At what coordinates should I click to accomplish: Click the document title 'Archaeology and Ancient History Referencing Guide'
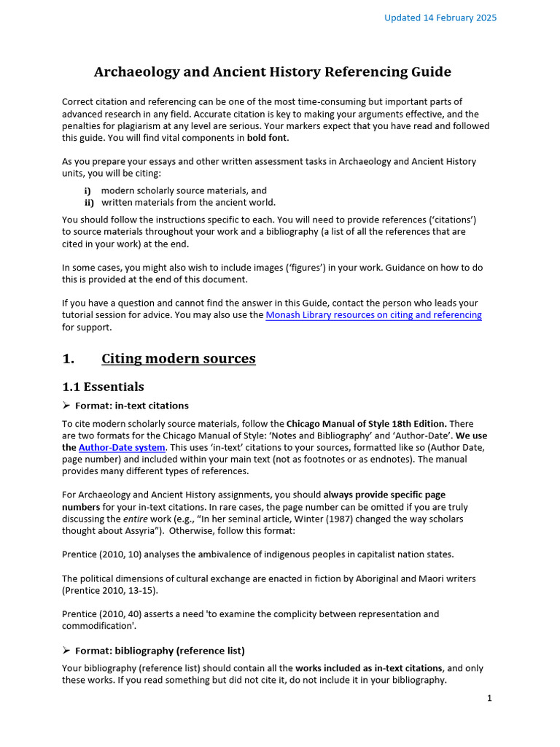[273, 71]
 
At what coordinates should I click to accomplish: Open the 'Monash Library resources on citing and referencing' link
[373, 315]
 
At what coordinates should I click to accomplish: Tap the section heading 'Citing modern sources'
[178, 358]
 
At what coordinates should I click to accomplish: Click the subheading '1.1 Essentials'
[103, 387]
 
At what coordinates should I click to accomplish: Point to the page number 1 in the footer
[489, 698]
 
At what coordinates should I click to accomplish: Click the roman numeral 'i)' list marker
[87, 190]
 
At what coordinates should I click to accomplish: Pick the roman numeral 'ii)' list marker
[89, 203]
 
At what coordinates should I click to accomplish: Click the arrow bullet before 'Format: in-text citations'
[66, 406]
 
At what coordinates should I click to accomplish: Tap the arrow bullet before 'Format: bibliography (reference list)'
[66, 650]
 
